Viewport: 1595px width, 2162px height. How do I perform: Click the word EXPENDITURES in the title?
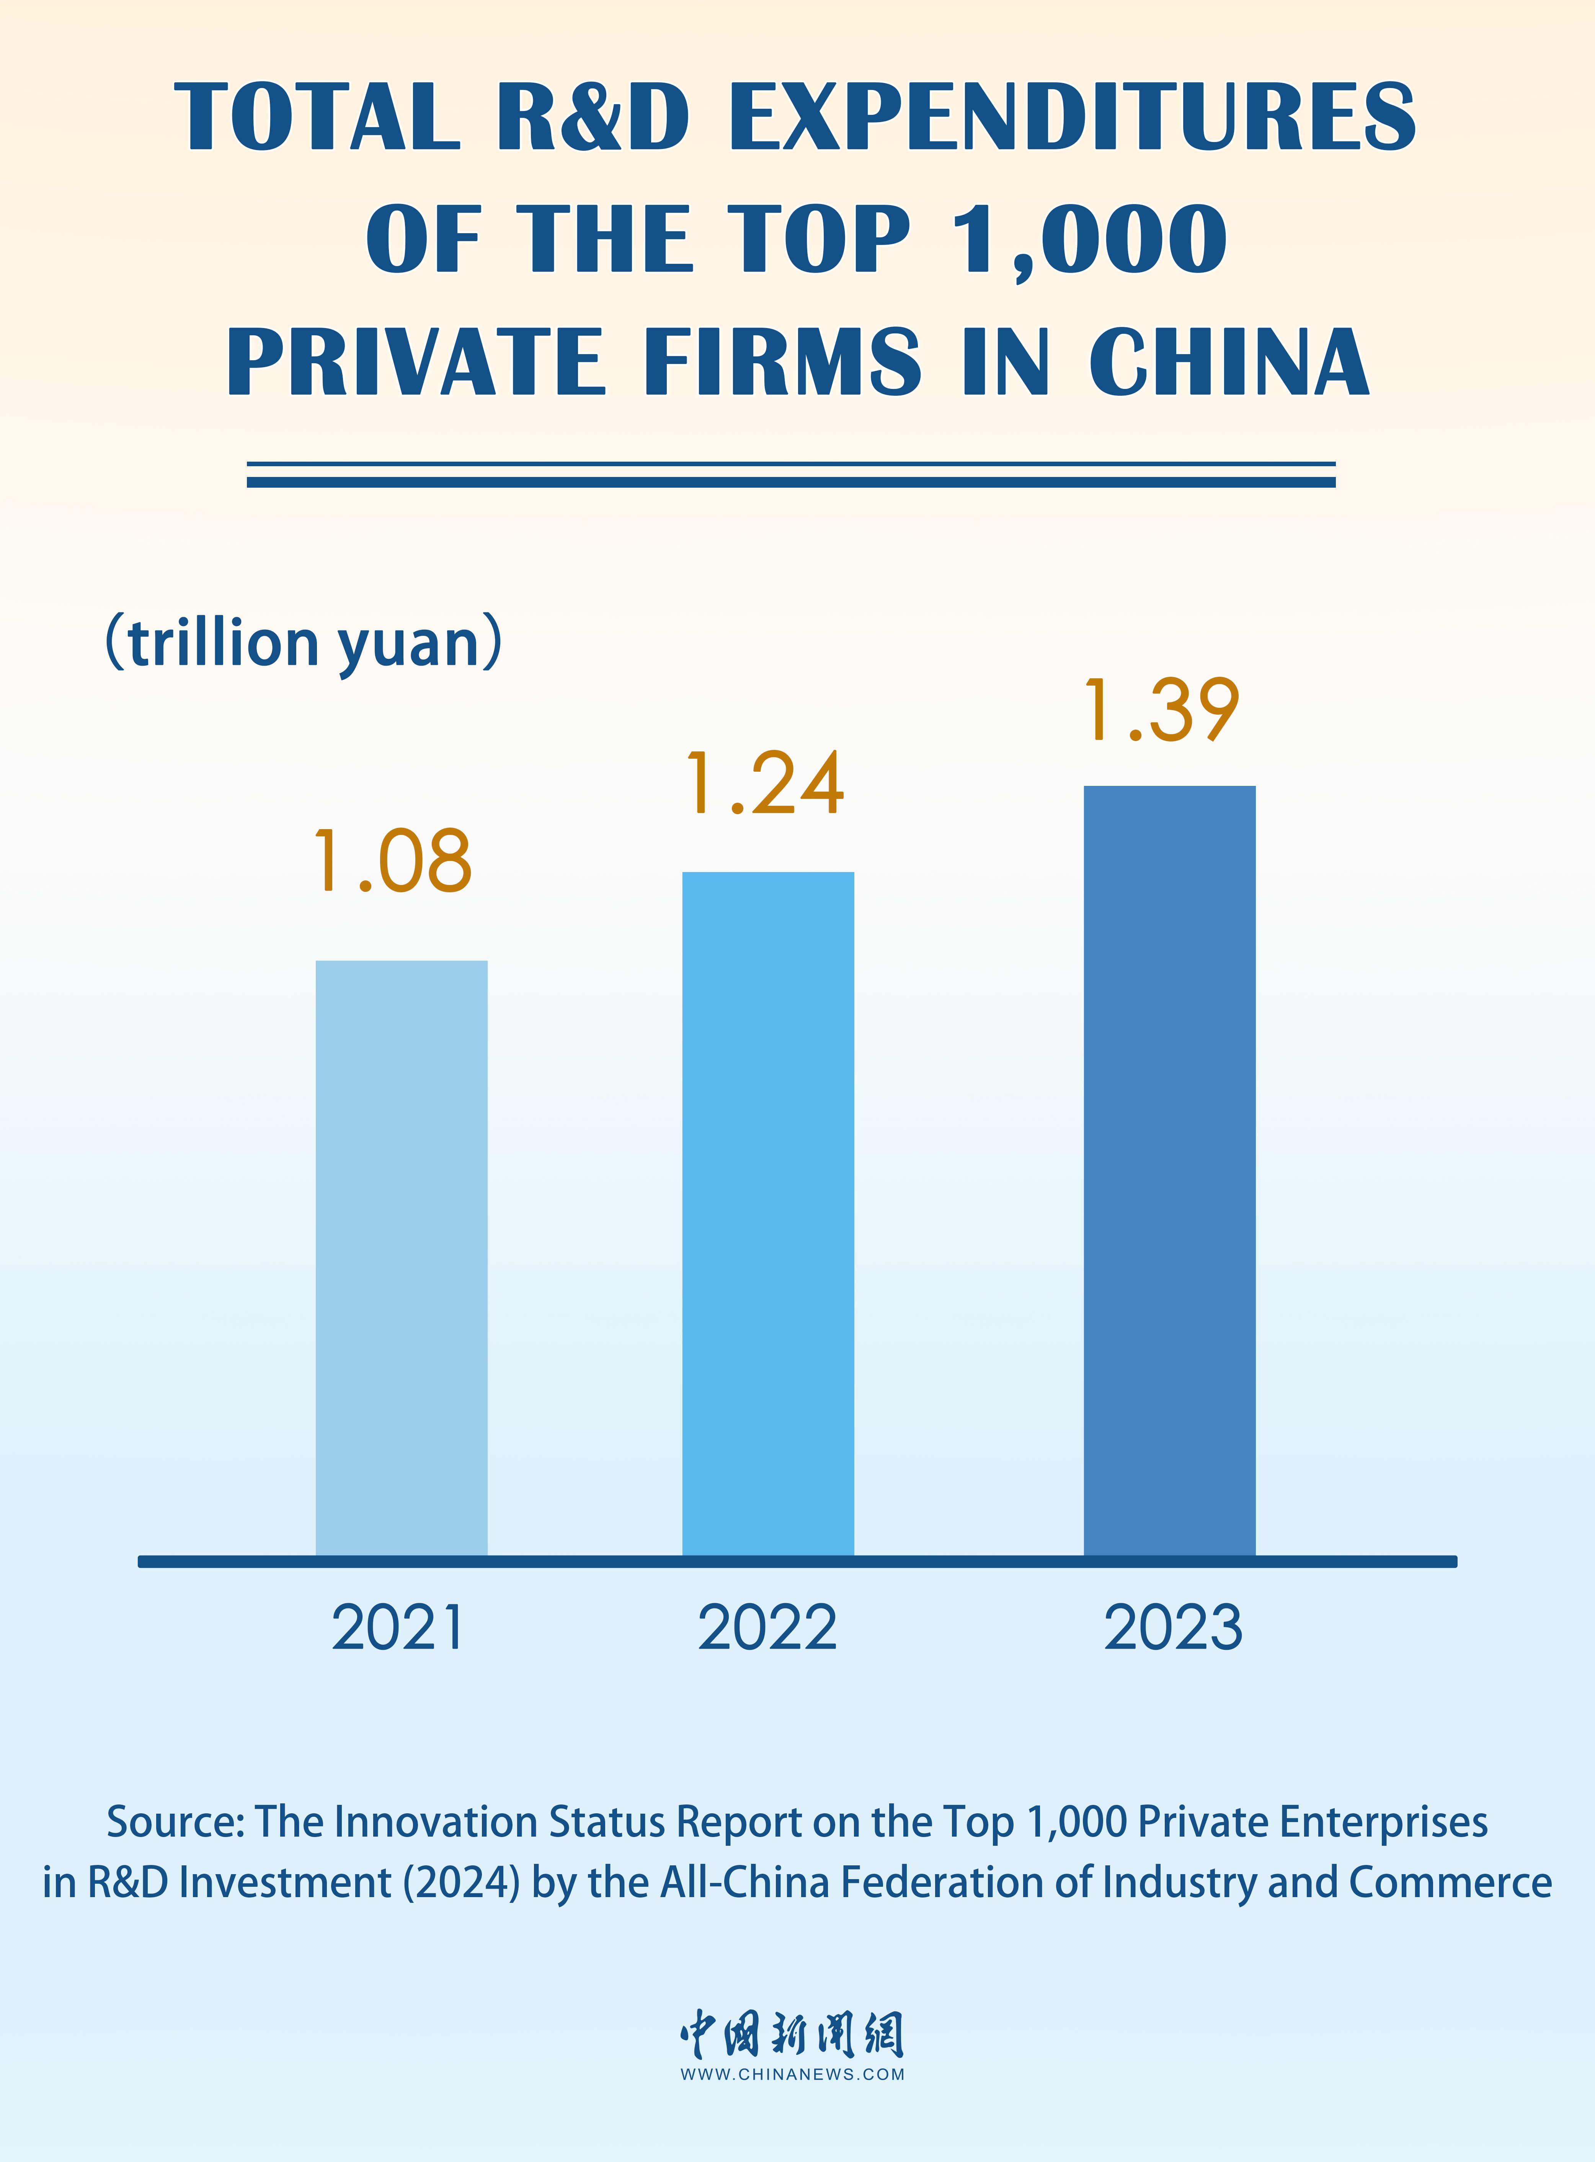(1072, 117)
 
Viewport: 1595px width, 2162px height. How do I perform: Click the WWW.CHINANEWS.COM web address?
(793, 2074)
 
